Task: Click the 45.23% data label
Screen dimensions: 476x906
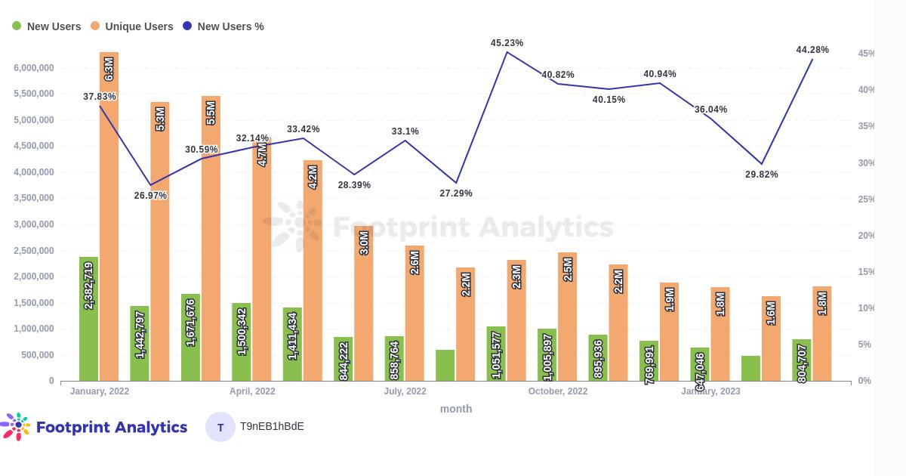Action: [507, 43]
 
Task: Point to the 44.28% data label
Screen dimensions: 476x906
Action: [812, 50]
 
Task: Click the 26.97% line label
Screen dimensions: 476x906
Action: [150, 196]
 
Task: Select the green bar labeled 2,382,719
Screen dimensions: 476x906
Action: [88, 319]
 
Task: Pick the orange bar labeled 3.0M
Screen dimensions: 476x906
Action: [364, 303]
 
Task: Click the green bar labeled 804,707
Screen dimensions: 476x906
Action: [802, 360]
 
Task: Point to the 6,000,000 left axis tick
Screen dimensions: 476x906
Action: [33, 68]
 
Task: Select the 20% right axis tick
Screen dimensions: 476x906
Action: [865, 236]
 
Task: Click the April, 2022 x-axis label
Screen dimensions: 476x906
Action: [252, 391]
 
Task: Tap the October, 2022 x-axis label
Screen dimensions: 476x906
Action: [557, 391]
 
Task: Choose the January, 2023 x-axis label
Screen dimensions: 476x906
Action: [710, 391]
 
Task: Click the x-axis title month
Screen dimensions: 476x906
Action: [456, 409]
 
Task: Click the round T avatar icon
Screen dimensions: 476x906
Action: [220, 427]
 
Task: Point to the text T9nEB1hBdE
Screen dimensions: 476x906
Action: [272, 427]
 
